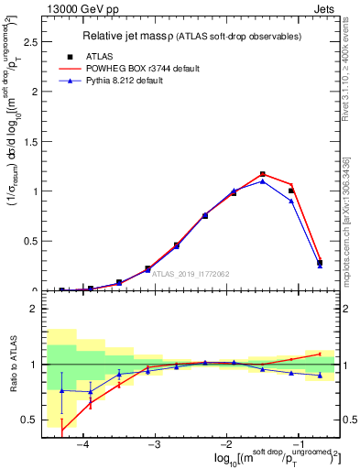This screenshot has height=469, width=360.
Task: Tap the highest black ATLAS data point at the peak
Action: pyautogui.click(x=263, y=174)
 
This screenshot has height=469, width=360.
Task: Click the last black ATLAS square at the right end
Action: pyautogui.click(x=320, y=263)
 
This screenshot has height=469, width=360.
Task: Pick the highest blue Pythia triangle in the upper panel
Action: pyautogui.click(x=263, y=180)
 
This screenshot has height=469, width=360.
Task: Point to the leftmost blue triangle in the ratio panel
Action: pyautogui.click(x=62, y=390)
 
